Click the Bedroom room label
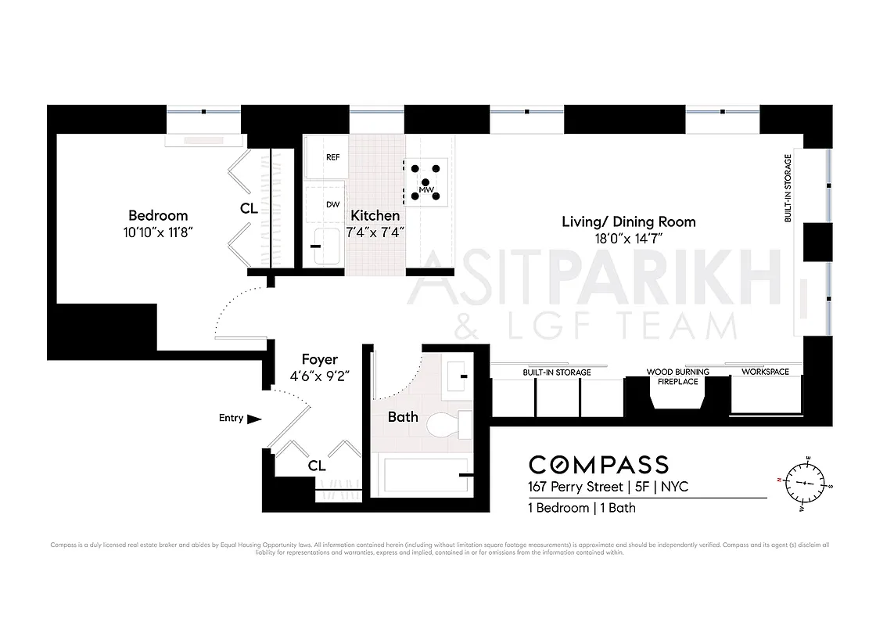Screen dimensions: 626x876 click(158, 215)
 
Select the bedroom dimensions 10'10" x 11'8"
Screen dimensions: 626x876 click(158, 232)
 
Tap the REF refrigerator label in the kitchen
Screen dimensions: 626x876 click(332, 157)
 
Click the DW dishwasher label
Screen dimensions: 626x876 click(332, 204)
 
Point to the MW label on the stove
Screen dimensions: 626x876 click(426, 190)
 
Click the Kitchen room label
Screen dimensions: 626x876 click(375, 215)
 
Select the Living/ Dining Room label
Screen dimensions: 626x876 click(628, 221)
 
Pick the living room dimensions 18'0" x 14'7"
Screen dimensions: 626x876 click(628, 239)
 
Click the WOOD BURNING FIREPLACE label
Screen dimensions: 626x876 click(677, 376)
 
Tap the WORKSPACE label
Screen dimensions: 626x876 click(765, 372)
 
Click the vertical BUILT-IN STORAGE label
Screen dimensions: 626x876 click(788, 189)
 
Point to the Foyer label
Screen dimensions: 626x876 click(319, 359)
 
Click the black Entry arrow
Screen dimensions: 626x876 click(253, 419)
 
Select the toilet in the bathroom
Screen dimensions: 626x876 click(449, 426)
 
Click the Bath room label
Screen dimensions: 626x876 click(403, 417)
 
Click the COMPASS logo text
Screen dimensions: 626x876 click(598, 465)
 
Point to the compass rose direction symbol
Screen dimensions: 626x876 click(804, 483)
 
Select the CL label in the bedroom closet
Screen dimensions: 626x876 click(250, 209)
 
